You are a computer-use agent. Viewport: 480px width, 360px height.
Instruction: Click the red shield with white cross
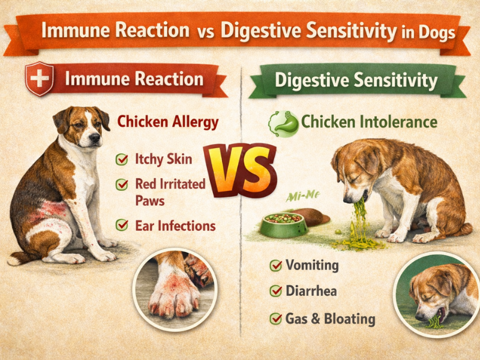click(x=40, y=79)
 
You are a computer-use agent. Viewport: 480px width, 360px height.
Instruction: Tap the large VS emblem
click(x=240, y=170)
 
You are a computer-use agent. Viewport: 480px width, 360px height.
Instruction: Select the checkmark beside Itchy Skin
click(x=122, y=160)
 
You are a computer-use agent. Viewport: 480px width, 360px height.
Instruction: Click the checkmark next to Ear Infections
click(x=122, y=226)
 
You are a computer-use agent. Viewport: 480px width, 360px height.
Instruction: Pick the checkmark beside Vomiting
click(x=277, y=265)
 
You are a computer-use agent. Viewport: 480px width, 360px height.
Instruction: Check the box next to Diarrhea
click(x=277, y=292)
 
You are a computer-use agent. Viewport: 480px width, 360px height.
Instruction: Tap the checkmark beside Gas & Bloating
click(x=277, y=318)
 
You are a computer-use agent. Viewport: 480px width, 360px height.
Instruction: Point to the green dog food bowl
click(x=283, y=225)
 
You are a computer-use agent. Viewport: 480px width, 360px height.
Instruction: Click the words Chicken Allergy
click(x=167, y=122)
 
